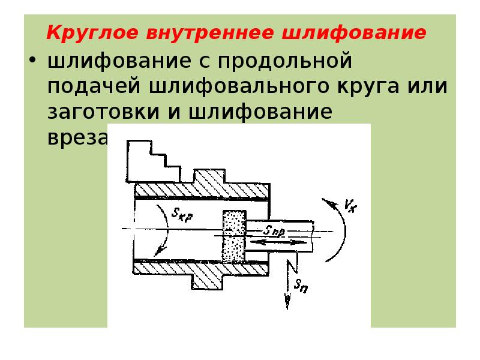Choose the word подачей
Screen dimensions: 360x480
pos(94,86)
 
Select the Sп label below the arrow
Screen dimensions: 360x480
pos(301,286)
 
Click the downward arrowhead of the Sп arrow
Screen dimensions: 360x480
pos(287,304)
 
